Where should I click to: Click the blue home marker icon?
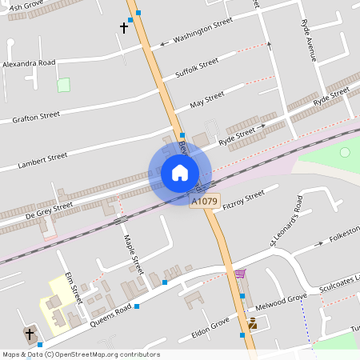point(180,172)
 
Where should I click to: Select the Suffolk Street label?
point(197,69)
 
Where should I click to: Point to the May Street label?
point(207,101)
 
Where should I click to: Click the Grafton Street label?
point(36,118)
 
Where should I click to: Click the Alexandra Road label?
point(29,62)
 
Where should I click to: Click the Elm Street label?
point(74,286)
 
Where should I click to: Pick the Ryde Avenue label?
point(310,42)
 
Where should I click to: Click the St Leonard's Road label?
point(287,226)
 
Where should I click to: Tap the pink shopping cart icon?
point(239,274)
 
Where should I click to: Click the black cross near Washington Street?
point(124,27)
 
